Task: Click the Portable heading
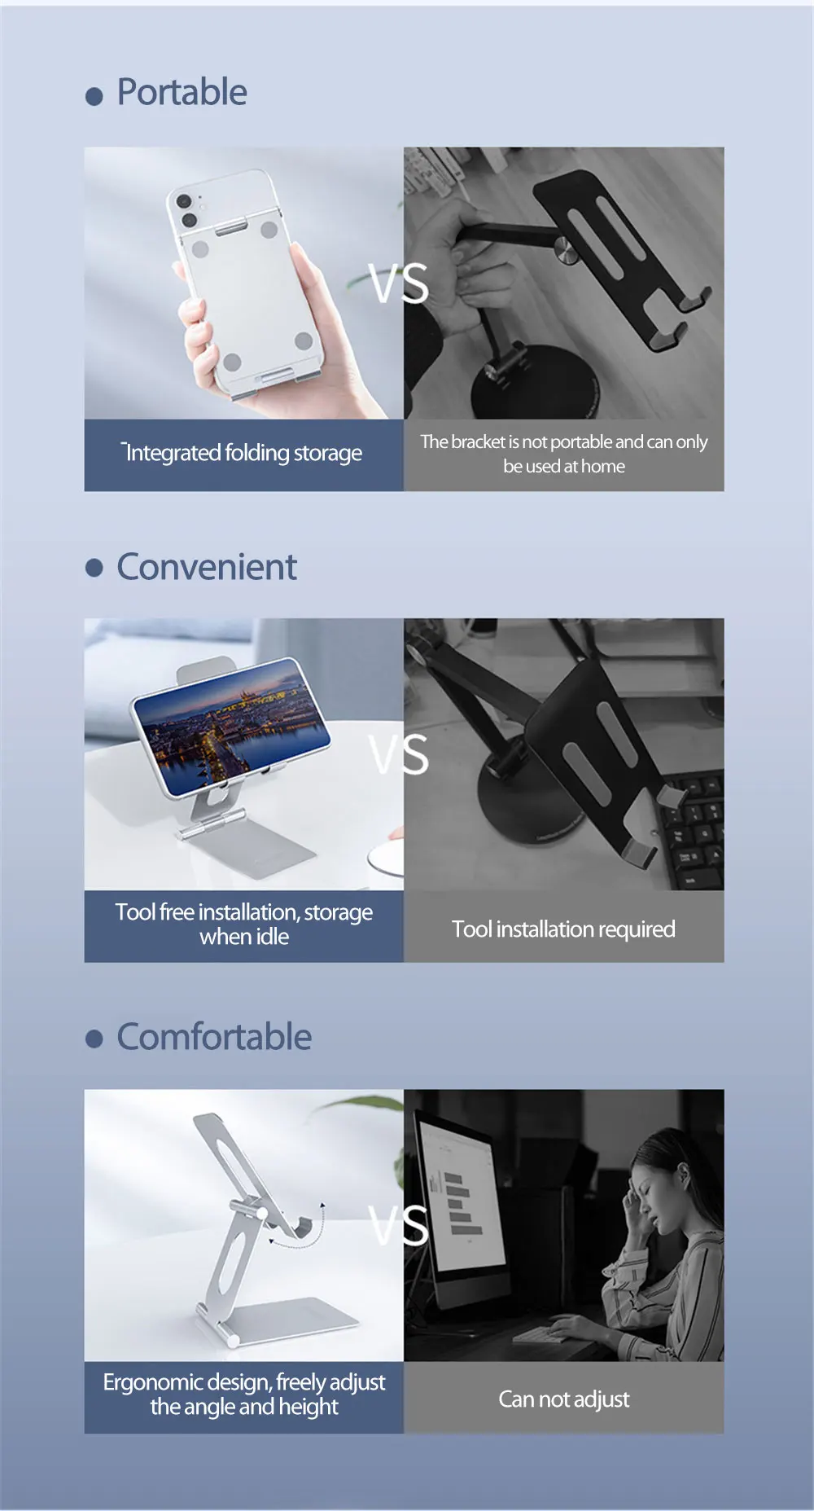182,92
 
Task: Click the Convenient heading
207,567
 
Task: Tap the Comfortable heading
214,1037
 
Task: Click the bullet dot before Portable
94,97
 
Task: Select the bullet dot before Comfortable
94,1039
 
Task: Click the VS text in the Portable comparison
399,283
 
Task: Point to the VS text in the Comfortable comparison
399,1224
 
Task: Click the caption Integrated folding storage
243,453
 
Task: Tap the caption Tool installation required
563,929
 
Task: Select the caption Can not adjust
563,1399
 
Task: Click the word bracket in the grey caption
478,441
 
